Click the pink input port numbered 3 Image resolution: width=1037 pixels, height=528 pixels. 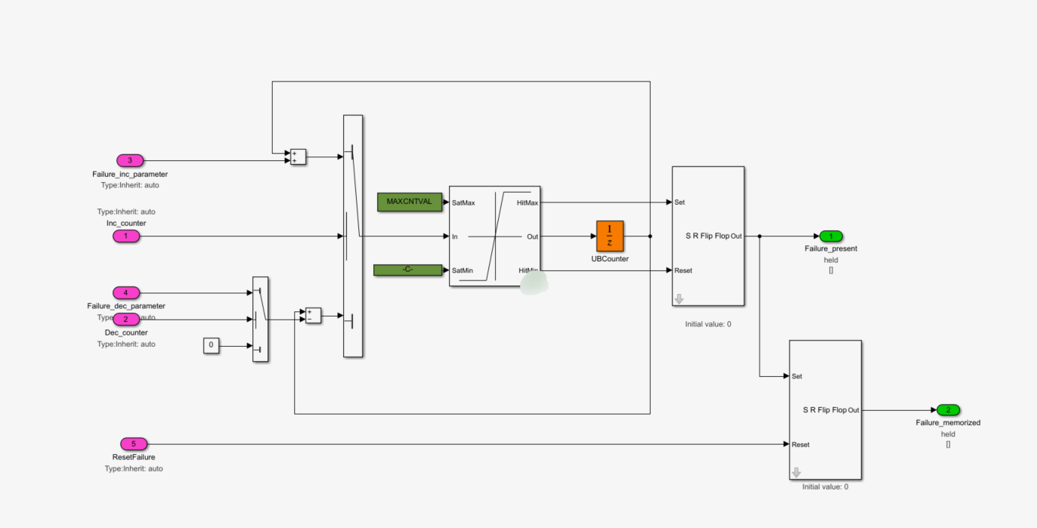click(x=130, y=160)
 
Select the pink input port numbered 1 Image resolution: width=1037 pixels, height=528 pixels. click(x=126, y=236)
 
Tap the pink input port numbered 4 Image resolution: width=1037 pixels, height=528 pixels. click(x=126, y=293)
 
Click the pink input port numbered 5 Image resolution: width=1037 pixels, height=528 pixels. click(x=134, y=444)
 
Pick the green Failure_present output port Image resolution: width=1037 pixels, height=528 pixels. click(x=831, y=236)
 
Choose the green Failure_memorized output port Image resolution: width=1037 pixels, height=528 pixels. click(x=948, y=410)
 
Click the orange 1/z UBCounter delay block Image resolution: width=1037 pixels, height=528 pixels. click(x=610, y=236)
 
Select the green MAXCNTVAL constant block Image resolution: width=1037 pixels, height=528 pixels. click(x=409, y=202)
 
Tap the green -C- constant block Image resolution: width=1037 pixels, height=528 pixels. click(x=407, y=270)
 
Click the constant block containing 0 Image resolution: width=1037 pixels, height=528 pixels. click(x=212, y=346)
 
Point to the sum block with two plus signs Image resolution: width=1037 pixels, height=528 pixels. click(x=298, y=157)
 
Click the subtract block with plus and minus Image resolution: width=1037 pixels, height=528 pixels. click(x=313, y=316)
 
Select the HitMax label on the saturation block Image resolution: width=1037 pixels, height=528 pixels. click(x=528, y=202)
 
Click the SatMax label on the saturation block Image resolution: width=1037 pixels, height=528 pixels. click(x=463, y=202)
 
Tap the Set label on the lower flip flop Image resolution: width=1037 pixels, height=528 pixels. click(x=797, y=376)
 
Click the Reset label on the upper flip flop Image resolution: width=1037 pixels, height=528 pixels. click(x=683, y=270)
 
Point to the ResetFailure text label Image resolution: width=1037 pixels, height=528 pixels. click(x=133, y=457)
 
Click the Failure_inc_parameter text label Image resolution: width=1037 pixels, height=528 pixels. click(x=130, y=174)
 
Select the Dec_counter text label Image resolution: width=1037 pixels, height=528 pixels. click(x=126, y=332)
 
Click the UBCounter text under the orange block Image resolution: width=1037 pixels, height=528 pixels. click(x=610, y=259)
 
